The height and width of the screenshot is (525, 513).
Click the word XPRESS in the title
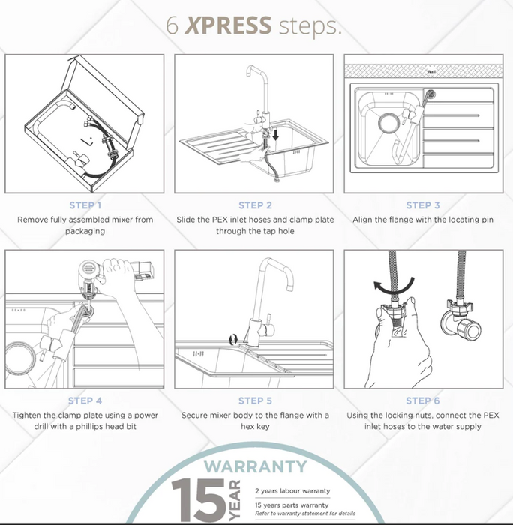[x=228, y=25]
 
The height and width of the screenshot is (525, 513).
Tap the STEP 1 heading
[x=85, y=205]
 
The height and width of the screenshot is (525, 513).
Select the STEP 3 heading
[x=423, y=205]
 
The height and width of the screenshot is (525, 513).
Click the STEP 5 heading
[x=255, y=400]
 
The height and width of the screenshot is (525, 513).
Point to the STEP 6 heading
[x=423, y=400]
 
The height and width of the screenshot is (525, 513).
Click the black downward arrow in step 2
[x=275, y=134]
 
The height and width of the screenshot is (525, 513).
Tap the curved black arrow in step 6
[x=394, y=285]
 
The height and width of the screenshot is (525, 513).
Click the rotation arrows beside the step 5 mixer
[x=233, y=339]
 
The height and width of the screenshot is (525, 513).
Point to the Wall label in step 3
[x=431, y=71]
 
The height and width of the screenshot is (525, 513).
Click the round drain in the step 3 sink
[x=388, y=122]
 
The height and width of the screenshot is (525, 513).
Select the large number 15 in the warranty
[x=198, y=499]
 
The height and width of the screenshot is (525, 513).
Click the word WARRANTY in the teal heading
[x=255, y=466]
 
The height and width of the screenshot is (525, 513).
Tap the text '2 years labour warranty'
[x=292, y=490]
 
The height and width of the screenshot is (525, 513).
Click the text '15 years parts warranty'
[x=292, y=505]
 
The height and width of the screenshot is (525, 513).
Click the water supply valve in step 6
[x=461, y=319]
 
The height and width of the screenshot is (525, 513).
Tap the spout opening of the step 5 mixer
[x=290, y=288]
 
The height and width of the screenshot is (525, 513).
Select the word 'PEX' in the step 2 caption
[x=220, y=220]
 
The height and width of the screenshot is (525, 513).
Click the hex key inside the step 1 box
[x=87, y=141]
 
